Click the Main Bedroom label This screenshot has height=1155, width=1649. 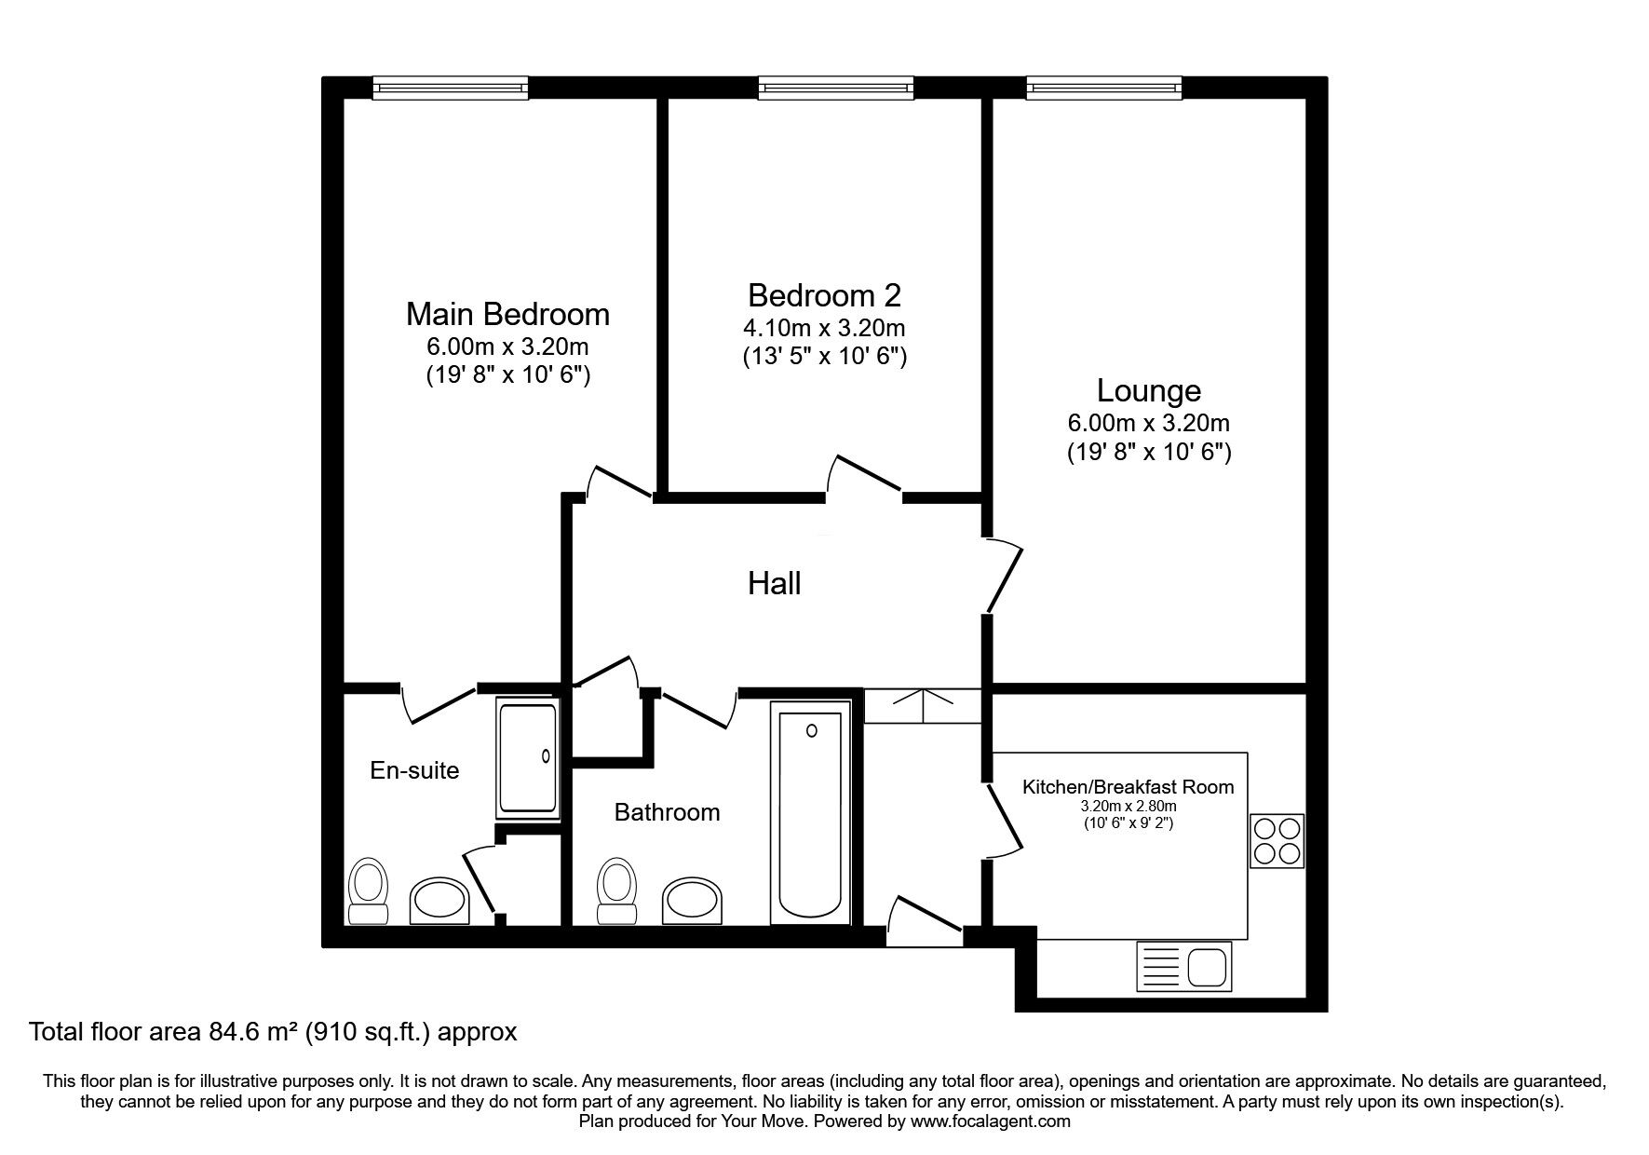pos(507,314)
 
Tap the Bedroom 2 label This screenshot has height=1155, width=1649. pos(824,295)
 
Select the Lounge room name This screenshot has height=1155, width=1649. pos(1148,390)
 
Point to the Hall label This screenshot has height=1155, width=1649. pos(775,584)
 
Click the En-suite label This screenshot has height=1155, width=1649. pos(414,770)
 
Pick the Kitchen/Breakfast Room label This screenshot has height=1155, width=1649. pos(1129,787)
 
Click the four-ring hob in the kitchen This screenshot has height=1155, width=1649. pos(1277,841)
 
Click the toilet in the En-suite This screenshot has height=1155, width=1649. pos(368,891)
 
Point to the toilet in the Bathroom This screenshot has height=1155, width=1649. pos(615,890)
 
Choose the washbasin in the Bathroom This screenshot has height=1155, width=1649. pos(692,900)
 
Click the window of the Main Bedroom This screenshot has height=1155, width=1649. pos(451,88)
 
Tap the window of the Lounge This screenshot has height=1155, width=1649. pos(1104,88)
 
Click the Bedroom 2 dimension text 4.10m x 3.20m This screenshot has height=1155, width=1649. pos(824,328)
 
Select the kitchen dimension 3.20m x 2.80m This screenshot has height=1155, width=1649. pos(1129,807)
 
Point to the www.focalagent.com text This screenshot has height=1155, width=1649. pos(991,1121)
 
